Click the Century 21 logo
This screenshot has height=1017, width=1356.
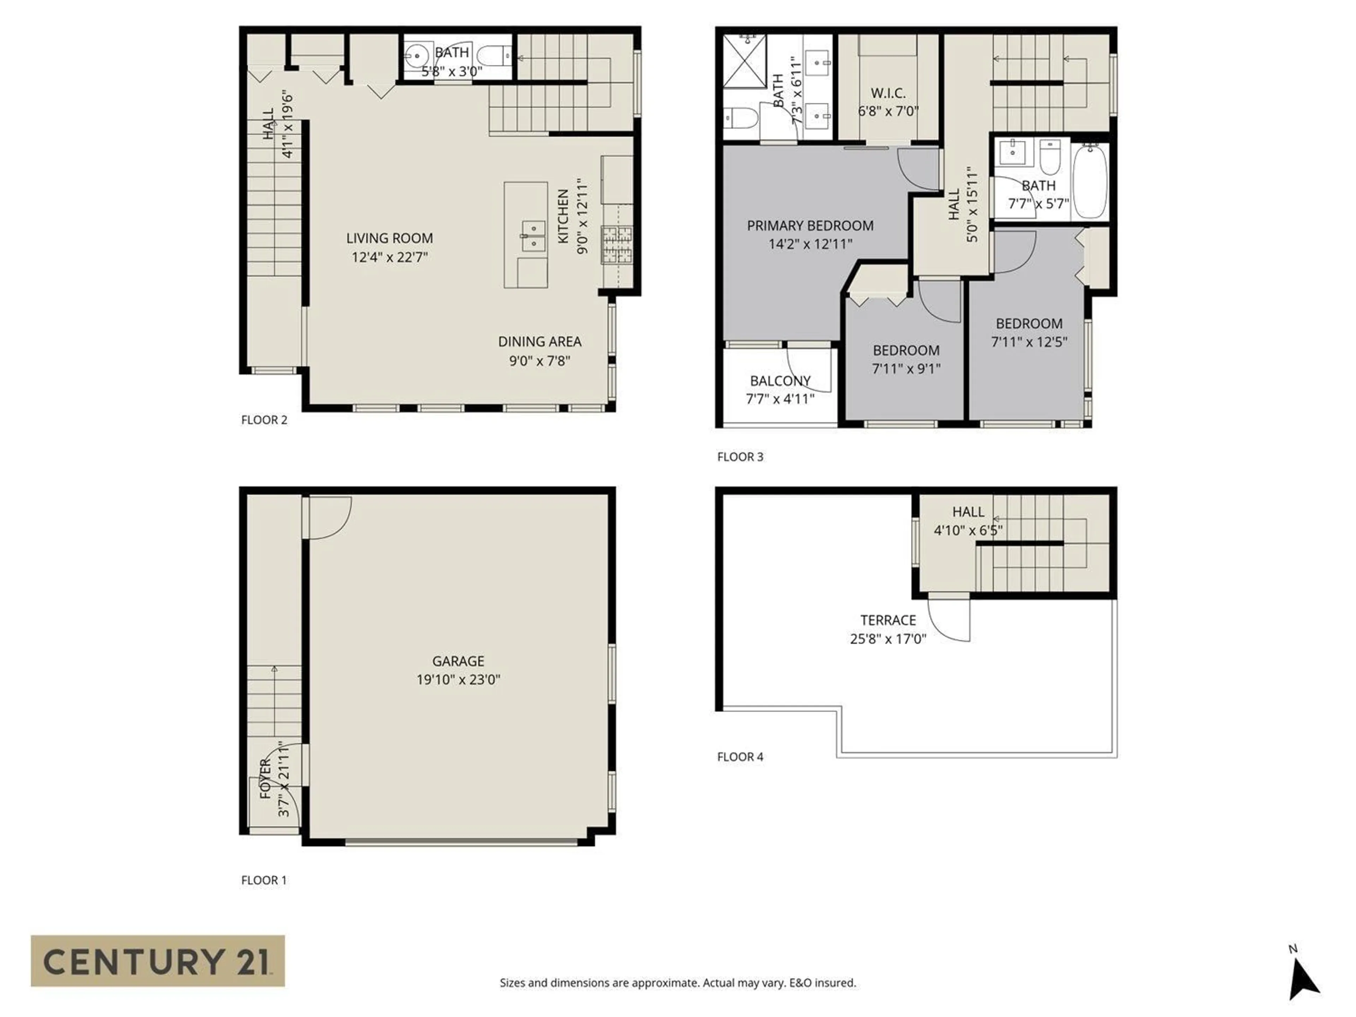point(157,961)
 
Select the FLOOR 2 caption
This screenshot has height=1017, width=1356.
point(264,420)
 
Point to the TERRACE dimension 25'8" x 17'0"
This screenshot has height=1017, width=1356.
point(888,639)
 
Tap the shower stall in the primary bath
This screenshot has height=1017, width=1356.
point(745,61)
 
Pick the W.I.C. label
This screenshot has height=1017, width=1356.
point(888,93)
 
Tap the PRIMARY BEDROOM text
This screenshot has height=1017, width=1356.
point(810,226)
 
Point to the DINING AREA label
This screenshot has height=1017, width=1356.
point(540,341)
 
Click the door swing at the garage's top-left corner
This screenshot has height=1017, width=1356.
point(329,517)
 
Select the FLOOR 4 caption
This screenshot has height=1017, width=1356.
point(740,756)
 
